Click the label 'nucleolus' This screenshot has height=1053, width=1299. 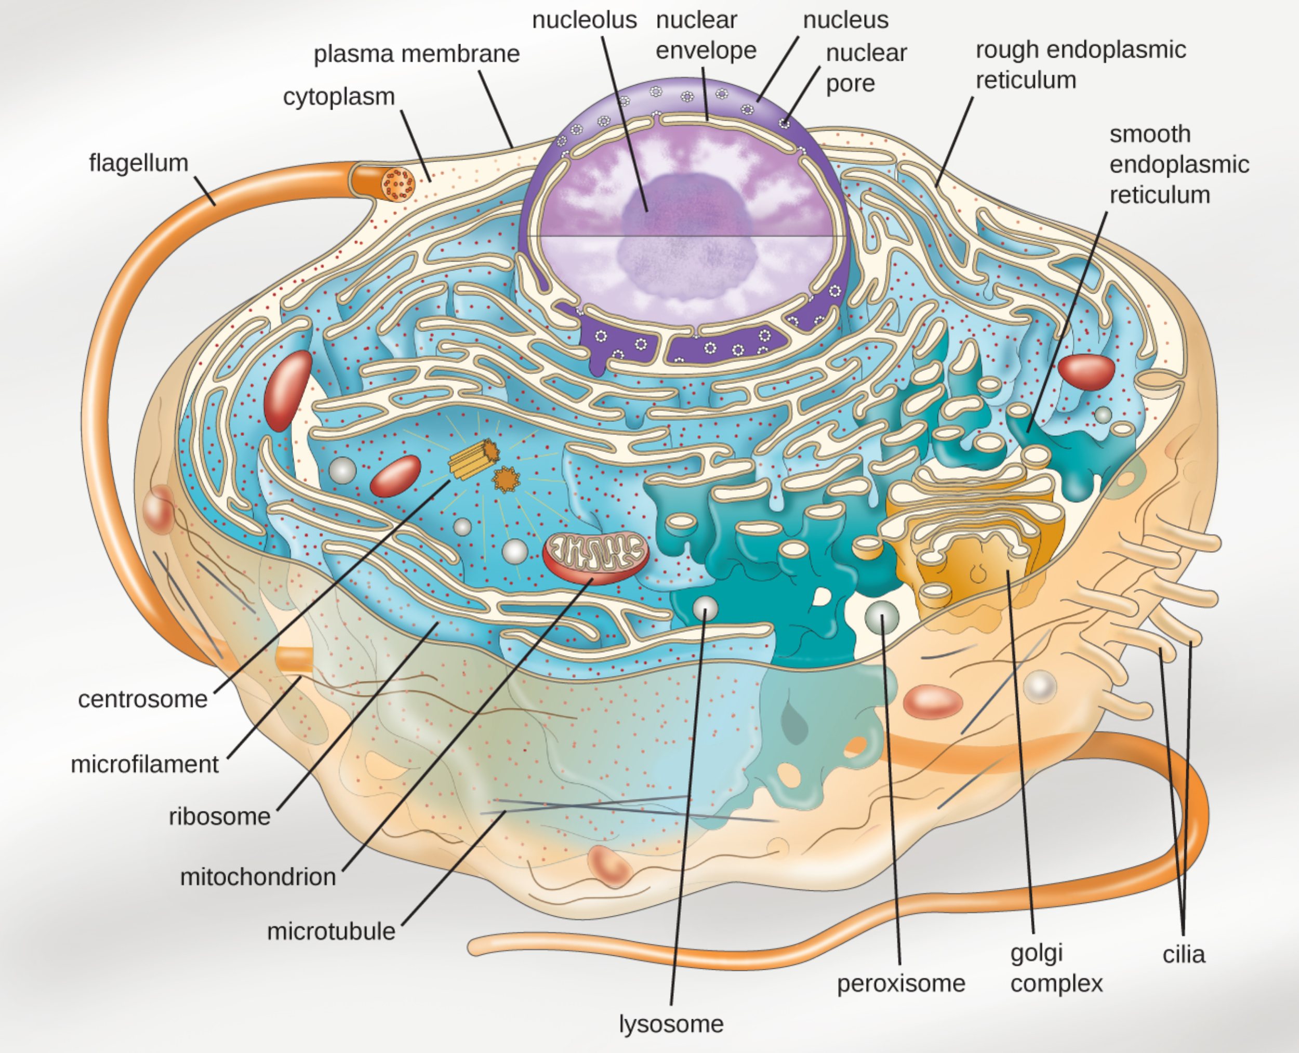pyautogui.click(x=584, y=20)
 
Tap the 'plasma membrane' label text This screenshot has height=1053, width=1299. pyautogui.click(x=416, y=54)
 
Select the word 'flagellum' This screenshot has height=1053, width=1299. pyautogui.click(x=138, y=163)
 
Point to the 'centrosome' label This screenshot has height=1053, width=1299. pyautogui.click(x=142, y=699)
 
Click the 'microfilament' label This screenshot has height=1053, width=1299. pyautogui.click(x=144, y=764)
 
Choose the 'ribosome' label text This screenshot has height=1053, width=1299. pyautogui.click(x=219, y=817)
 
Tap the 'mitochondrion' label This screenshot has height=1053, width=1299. pyautogui.click(x=258, y=877)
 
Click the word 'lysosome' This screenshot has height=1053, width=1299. pyautogui.click(x=671, y=1024)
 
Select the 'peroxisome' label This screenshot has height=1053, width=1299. pyautogui.click(x=901, y=983)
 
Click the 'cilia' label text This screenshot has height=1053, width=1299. pyautogui.click(x=1184, y=955)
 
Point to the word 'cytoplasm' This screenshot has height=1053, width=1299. pyautogui.click(x=339, y=97)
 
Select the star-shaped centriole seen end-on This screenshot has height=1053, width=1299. pyautogui.click(x=506, y=479)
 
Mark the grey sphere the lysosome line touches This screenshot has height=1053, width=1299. pyautogui.click(x=705, y=607)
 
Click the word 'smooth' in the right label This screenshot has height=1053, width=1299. pyautogui.click(x=1150, y=134)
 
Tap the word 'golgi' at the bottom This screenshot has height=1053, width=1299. pyautogui.click(x=1036, y=953)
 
